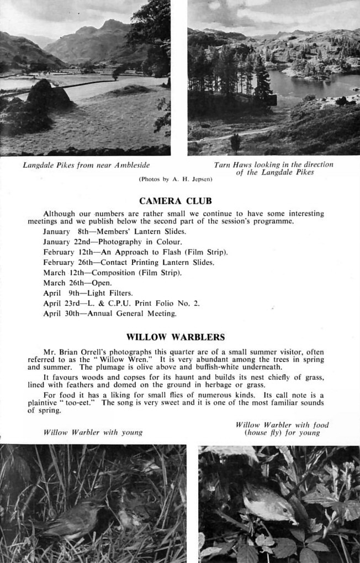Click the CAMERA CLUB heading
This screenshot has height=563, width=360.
coord(176,201)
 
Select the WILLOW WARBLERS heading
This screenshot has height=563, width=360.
coord(176,337)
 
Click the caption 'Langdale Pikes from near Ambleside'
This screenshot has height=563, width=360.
coord(86,165)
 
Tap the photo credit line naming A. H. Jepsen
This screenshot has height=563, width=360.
coord(176,179)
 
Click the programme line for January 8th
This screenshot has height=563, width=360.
coord(114,232)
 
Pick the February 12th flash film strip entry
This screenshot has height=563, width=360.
coord(135,252)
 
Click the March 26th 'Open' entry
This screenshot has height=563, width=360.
coord(77,283)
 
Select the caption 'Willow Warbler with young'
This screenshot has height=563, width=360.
coord(93,432)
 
